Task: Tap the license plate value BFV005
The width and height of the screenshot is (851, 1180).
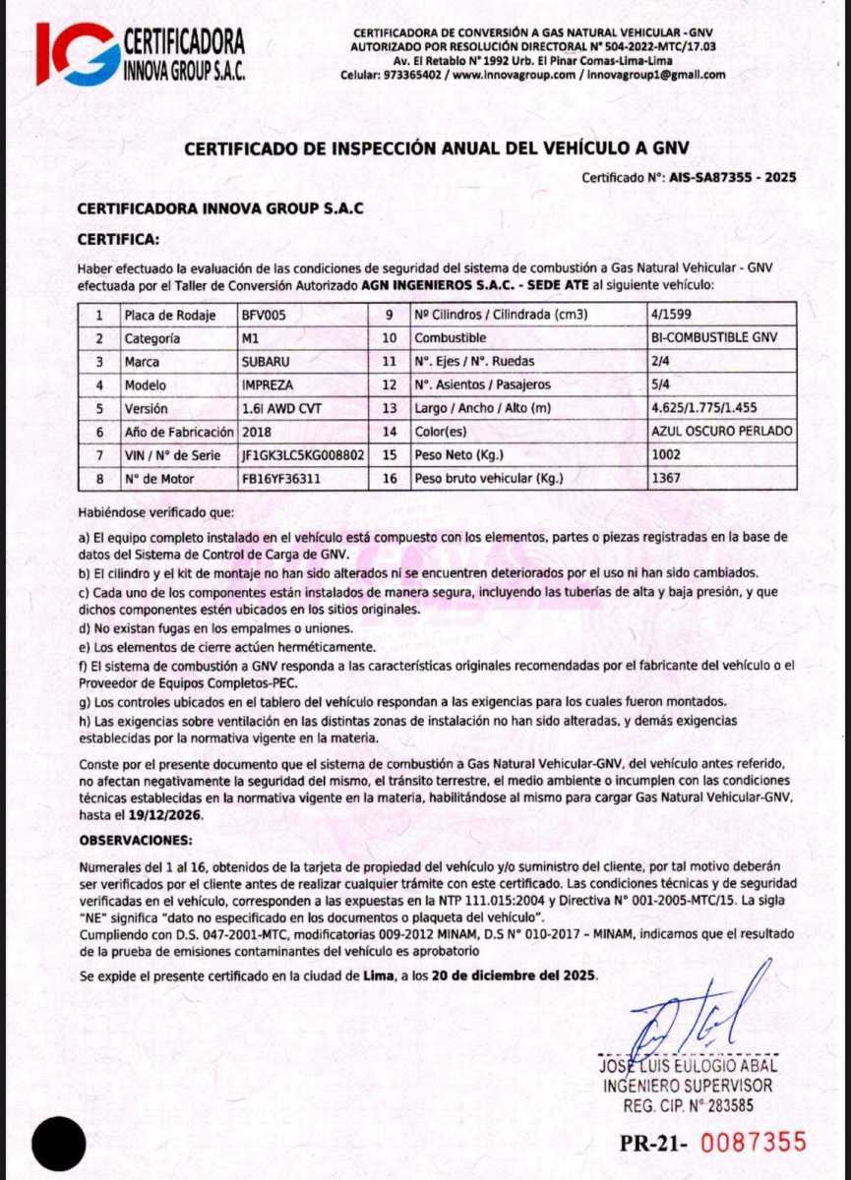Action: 263,316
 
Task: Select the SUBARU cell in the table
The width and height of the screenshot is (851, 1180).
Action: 266,361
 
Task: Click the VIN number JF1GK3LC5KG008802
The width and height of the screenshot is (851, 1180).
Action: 303,455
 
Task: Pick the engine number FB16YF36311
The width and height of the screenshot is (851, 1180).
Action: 280,479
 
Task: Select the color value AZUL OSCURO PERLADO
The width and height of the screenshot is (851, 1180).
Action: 721,432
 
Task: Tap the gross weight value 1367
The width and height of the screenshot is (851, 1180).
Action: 666,479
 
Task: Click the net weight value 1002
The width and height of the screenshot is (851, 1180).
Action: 666,455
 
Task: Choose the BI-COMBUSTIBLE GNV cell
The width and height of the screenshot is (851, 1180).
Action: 713,338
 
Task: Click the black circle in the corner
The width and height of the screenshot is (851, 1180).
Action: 59,1145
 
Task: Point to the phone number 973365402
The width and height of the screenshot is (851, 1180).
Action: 413,75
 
